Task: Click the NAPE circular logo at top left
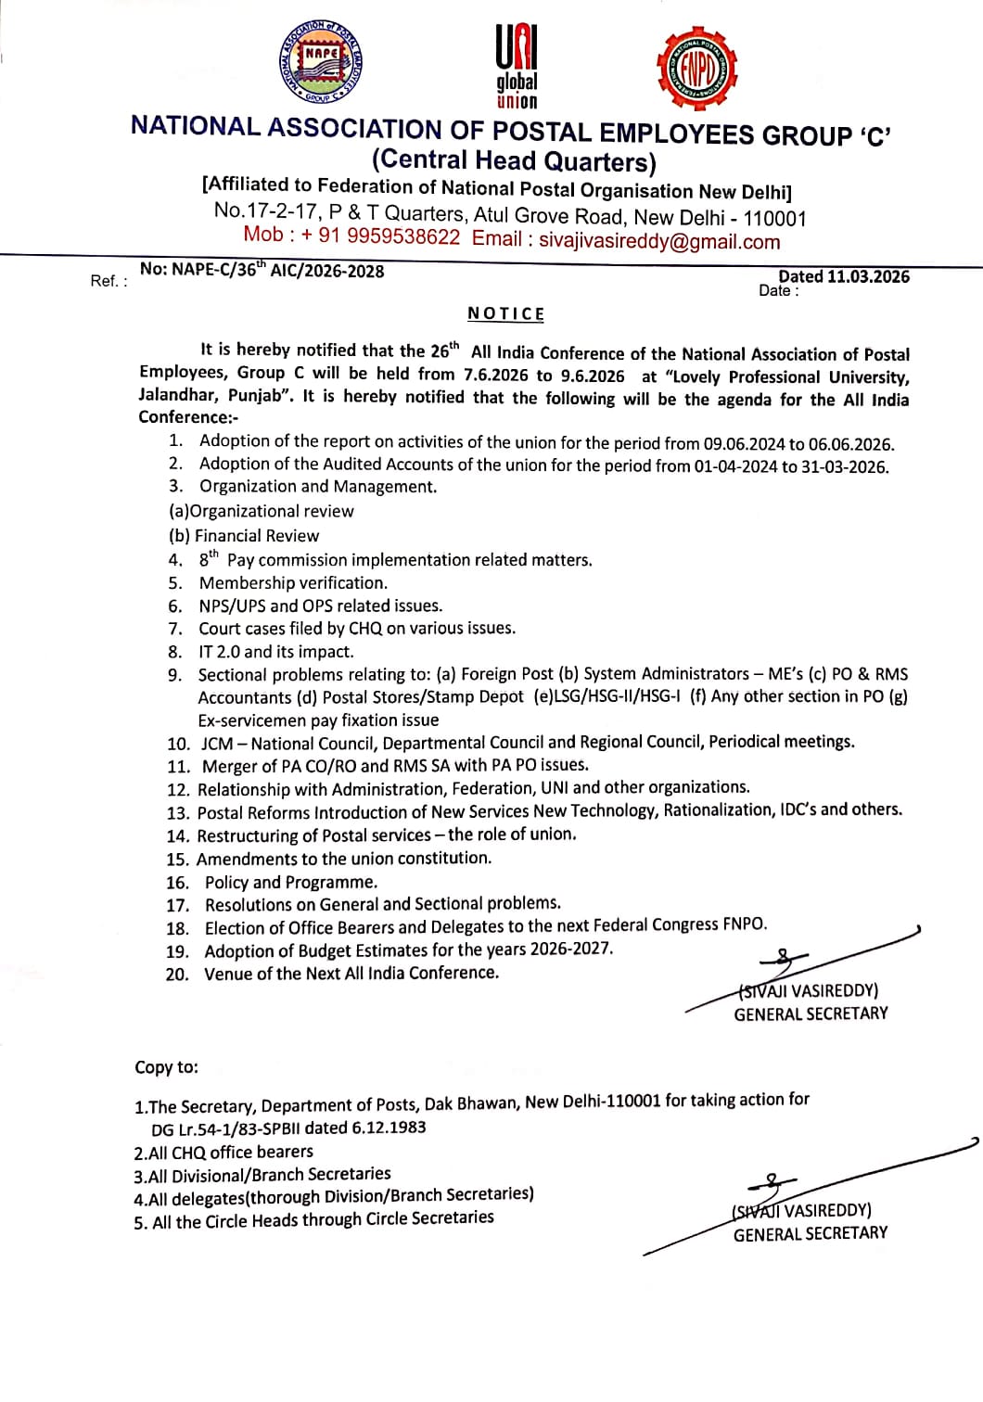click(321, 63)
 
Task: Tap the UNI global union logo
click(517, 67)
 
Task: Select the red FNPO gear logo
click(696, 69)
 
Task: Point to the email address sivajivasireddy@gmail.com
click(659, 241)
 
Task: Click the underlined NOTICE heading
click(505, 313)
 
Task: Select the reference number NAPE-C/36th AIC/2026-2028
click(262, 271)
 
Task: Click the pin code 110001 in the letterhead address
click(775, 218)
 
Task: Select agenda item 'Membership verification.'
click(293, 582)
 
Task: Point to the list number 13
click(177, 813)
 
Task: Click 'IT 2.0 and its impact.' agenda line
click(276, 651)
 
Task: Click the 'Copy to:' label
click(167, 1067)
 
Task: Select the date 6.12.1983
click(389, 1128)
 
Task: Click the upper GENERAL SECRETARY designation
click(811, 1013)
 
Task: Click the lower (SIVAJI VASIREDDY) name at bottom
click(802, 1210)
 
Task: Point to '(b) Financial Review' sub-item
click(244, 535)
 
